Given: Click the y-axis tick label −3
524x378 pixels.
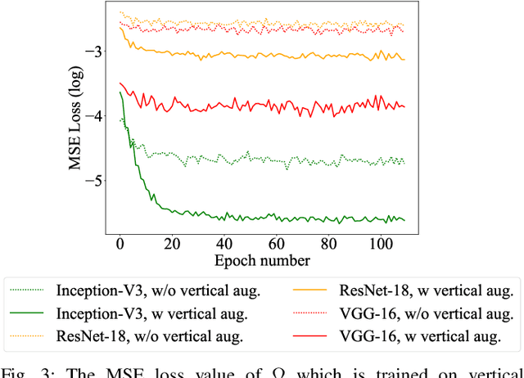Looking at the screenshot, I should pos(92,52).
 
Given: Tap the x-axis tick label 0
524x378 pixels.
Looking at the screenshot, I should pos(120,244).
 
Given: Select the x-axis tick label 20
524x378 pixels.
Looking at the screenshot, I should pos(172,244).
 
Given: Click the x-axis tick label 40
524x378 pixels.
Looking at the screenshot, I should pos(224,244).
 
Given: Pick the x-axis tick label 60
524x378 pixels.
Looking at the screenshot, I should pos(276,244).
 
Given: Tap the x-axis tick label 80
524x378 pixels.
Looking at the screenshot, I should pos(327,244).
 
